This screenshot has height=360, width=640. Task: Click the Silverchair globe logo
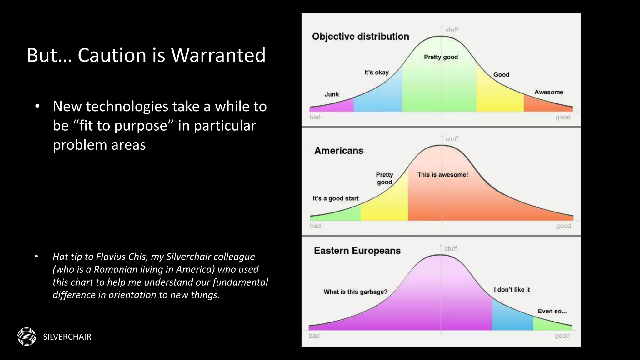pos(27,337)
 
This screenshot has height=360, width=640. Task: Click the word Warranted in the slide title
pos(218,55)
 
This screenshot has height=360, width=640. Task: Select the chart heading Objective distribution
pos(360,37)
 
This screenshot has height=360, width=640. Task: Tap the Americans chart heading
pos(339,151)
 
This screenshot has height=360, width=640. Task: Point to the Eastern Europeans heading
pos(357,251)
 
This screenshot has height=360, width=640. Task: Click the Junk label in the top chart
pos(332,94)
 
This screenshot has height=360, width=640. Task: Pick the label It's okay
pos(376,72)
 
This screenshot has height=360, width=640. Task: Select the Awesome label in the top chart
pos(548,92)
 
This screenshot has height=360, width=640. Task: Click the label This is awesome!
pos(442,175)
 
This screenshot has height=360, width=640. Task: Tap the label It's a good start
pos(336,198)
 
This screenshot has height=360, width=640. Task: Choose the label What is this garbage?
pos(355,292)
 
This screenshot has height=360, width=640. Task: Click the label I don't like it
pos(512,290)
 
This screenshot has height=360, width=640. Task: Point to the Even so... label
pos(552,311)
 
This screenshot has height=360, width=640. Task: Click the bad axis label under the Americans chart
pos(315,226)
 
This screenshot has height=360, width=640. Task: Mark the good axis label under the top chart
pos(563,117)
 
